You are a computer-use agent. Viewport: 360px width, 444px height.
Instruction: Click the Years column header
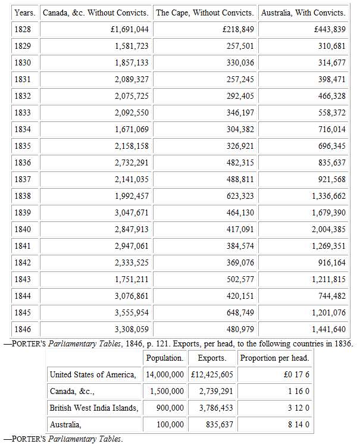(24, 12)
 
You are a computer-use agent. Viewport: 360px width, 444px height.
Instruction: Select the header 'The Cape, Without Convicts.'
(205, 12)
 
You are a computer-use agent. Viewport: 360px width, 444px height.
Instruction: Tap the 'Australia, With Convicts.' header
(303, 12)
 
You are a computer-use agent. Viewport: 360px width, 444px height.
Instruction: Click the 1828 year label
(22, 29)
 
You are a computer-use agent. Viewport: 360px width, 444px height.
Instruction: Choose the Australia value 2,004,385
(328, 229)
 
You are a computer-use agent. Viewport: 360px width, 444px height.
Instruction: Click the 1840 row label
(22, 229)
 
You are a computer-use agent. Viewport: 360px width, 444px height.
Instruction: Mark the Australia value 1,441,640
(328, 329)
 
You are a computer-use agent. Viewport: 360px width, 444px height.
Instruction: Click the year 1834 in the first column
(22, 129)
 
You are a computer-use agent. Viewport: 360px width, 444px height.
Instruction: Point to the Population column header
(165, 358)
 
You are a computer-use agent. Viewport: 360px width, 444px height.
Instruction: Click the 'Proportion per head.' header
(274, 358)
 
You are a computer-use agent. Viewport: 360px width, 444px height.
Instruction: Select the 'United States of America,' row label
(93, 374)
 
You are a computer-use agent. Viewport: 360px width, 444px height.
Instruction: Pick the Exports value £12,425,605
(212, 374)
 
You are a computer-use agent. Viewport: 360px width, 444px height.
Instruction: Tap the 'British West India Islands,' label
(94, 408)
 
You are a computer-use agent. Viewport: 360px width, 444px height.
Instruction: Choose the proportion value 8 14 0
(296, 424)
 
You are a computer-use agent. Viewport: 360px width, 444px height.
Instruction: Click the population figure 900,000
(169, 408)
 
